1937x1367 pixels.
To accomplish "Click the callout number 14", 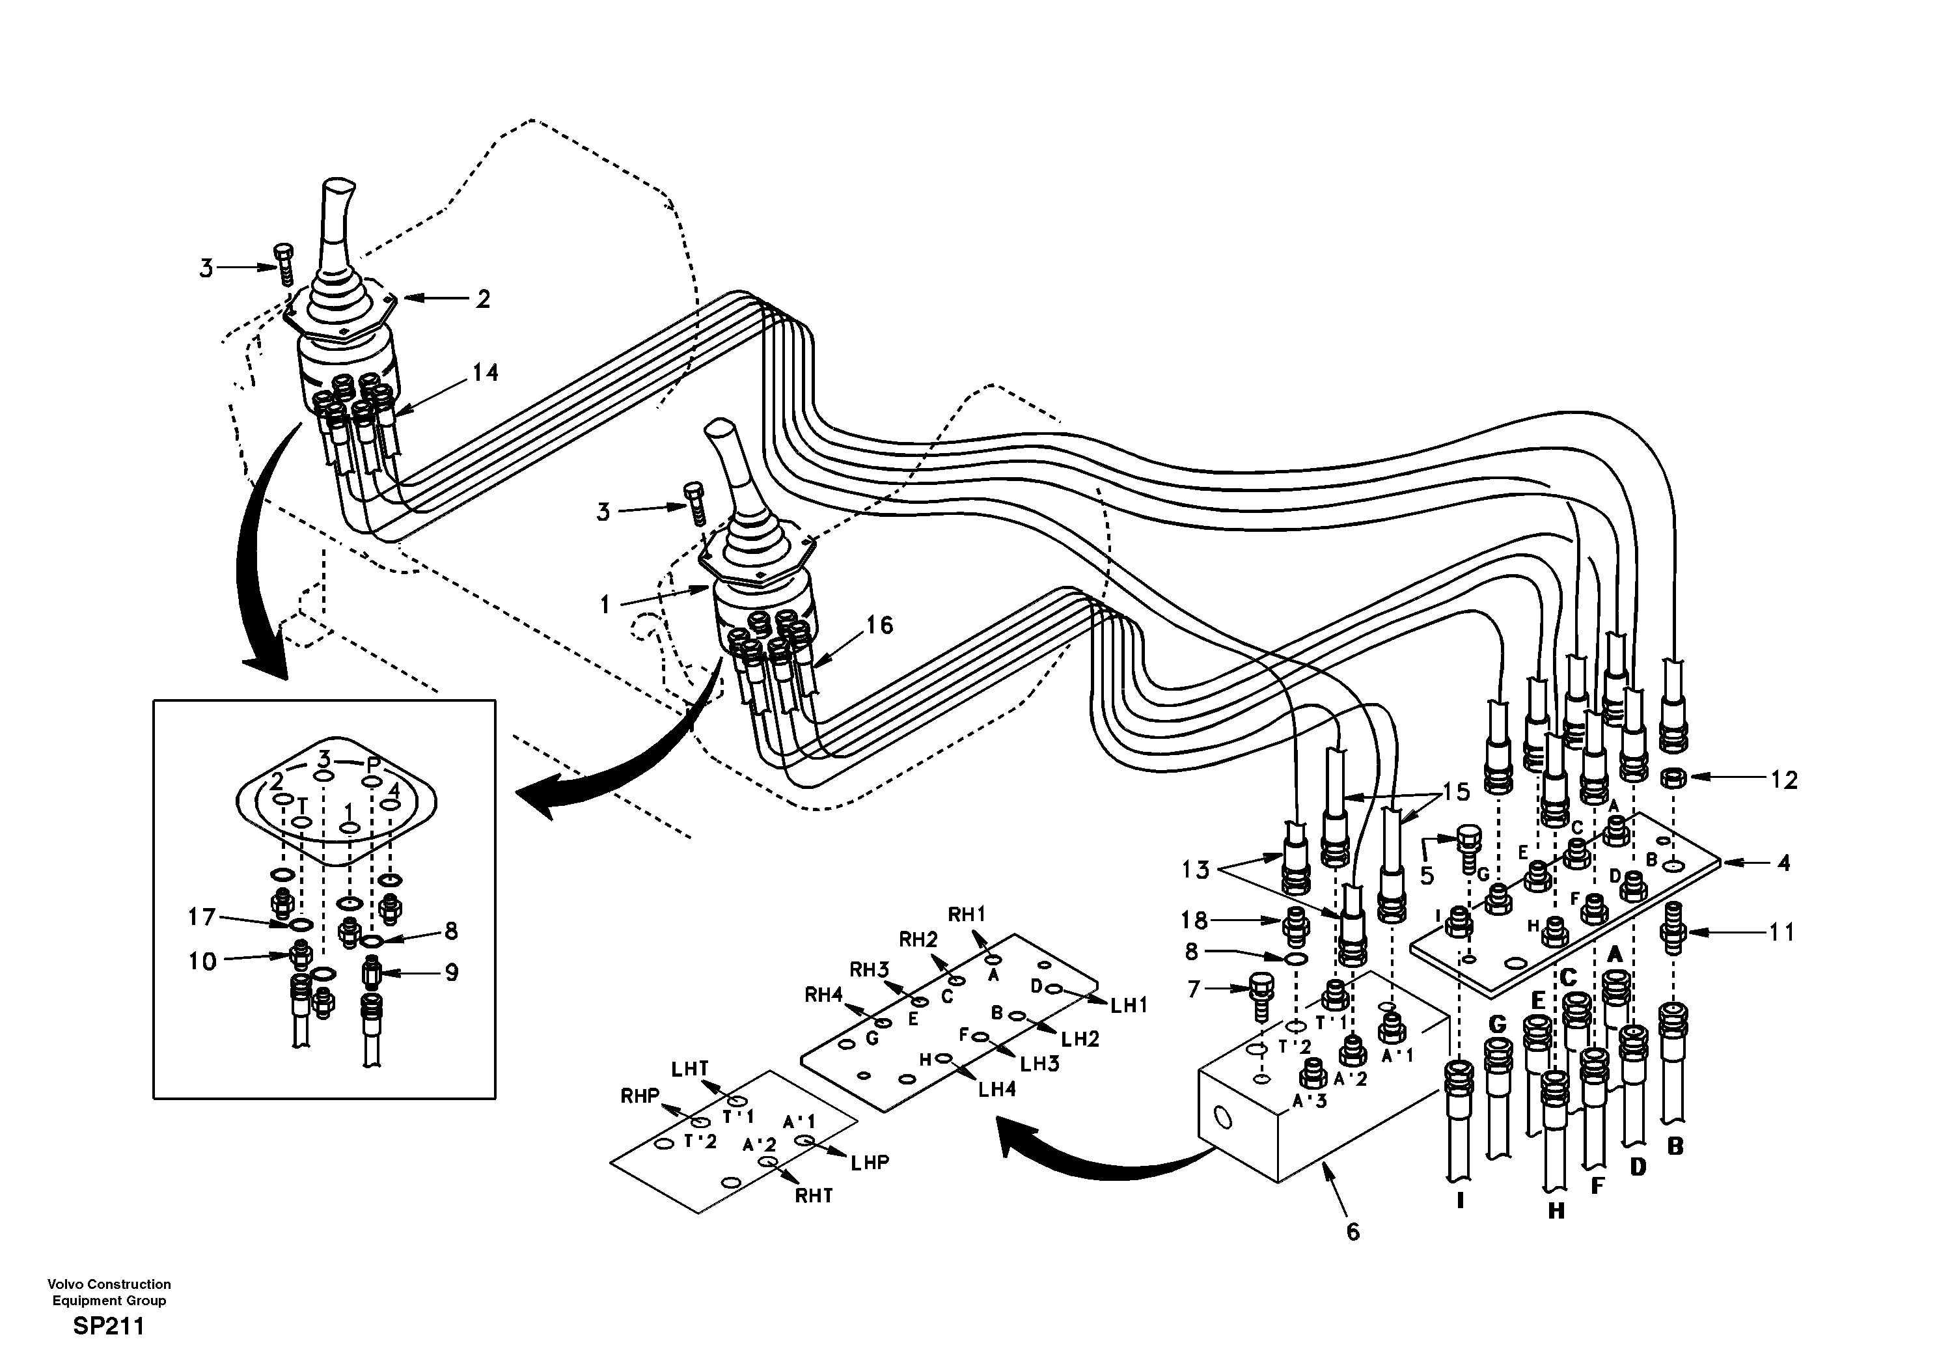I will click(485, 372).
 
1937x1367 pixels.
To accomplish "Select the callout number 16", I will click(879, 626).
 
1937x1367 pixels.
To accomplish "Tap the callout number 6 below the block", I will click(1353, 1232).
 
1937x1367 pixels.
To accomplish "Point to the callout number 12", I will click(1783, 780).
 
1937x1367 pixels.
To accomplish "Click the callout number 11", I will click(1782, 932).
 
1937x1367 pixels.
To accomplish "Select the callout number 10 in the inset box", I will click(202, 961).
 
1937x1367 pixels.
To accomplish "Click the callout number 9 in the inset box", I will click(452, 973).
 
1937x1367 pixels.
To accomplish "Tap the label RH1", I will click(967, 914).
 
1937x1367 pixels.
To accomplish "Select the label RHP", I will click(639, 1096).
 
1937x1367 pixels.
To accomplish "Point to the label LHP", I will click(870, 1162).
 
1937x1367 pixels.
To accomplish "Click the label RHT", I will click(814, 1196).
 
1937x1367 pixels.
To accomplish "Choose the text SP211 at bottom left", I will click(109, 1327).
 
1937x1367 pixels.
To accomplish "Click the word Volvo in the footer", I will click(64, 1284).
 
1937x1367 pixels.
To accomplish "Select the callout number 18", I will click(1194, 920).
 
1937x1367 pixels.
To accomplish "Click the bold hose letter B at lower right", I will click(1675, 1148).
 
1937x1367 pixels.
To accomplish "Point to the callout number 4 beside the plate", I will click(1783, 863).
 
